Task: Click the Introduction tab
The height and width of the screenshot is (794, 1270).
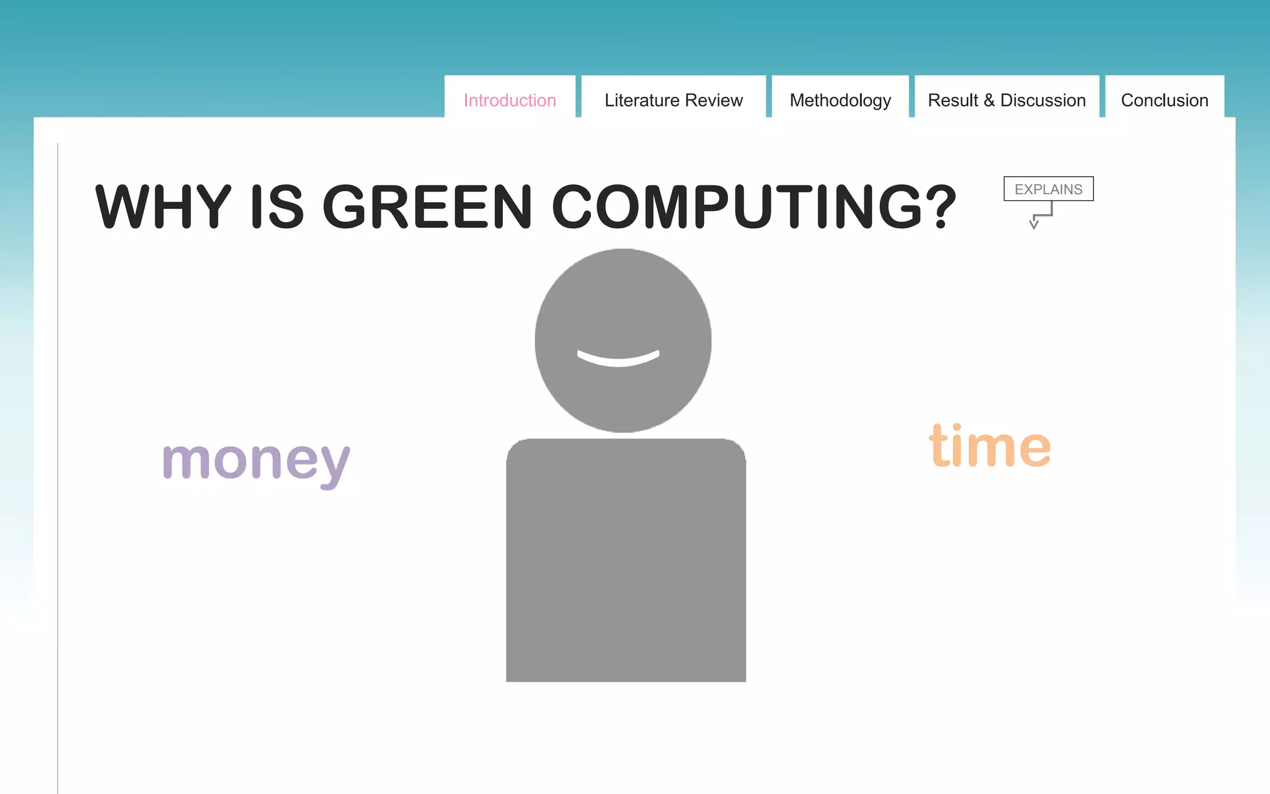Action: pos(510,100)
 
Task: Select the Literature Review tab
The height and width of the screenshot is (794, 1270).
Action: pos(673,100)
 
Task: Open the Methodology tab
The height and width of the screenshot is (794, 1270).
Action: pos(840,100)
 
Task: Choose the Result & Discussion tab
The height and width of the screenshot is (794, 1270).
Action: pos(1006,100)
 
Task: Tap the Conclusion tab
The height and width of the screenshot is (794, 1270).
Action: pos(1165,100)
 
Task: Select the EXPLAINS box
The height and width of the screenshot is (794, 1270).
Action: pos(1048,189)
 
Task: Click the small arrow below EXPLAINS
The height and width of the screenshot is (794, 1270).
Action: pos(1034,223)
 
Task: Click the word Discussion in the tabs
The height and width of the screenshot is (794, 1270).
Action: pos(1043,100)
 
